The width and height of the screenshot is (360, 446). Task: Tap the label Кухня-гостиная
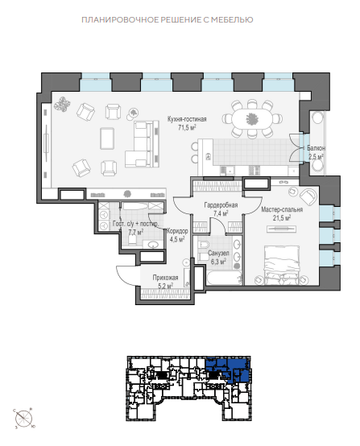(x=187, y=119)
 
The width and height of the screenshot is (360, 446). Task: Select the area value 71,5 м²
(x=187, y=128)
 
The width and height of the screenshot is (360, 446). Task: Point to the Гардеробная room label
(x=221, y=204)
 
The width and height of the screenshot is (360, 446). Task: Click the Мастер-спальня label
(x=282, y=209)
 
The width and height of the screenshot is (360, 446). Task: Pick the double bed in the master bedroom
(x=282, y=265)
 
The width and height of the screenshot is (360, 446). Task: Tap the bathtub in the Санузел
(x=224, y=278)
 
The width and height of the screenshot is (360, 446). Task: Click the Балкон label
(x=316, y=148)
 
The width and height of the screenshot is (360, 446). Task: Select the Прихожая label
(x=165, y=277)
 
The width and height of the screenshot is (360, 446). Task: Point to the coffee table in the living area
(x=107, y=138)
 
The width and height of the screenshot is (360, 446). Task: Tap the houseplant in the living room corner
(x=62, y=105)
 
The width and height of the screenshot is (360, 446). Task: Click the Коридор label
(x=177, y=231)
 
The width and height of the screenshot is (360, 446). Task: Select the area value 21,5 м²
(x=282, y=218)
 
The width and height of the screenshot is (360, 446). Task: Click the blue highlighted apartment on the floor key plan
(x=228, y=367)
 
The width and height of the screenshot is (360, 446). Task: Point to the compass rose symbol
(x=23, y=418)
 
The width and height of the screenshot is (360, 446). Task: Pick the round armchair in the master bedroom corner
(x=308, y=196)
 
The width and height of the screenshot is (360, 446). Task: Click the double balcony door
(x=294, y=148)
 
